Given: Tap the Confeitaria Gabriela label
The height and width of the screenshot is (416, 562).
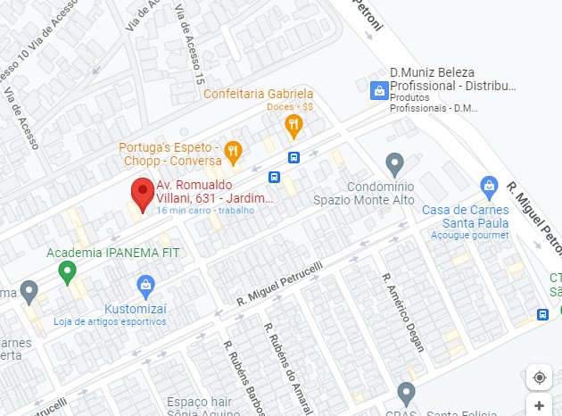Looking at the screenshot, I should click(x=259, y=94).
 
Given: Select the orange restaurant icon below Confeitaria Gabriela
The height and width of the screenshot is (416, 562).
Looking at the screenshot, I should click(x=293, y=127).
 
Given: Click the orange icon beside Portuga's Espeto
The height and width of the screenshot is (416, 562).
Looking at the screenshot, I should click(x=233, y=150).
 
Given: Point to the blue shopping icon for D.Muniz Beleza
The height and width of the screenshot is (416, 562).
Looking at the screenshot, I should click(x=379, y=90).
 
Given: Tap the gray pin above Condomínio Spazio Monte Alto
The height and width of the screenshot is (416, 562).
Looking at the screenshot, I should click(x=394, y=164).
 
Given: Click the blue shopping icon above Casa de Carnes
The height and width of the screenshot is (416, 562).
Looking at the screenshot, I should click(x=488, y=187).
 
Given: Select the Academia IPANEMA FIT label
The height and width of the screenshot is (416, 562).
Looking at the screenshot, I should click(x=113, y=253).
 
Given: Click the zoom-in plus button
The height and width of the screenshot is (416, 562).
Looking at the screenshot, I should click(x=539, y=405).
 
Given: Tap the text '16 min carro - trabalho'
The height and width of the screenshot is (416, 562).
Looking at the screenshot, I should click(x=205, y=211).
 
